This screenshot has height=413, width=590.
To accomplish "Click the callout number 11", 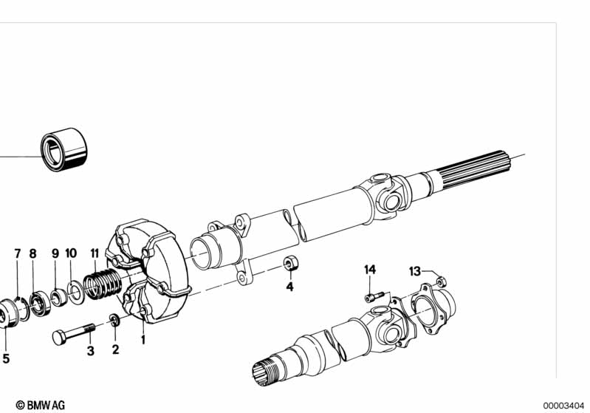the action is click(x=95, y=253).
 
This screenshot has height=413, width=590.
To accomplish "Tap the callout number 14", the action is click(x=369, y=270).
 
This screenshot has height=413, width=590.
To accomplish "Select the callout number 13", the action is click(x=415, y=271).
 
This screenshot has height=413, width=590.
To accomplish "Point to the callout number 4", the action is click(x=289, y=287).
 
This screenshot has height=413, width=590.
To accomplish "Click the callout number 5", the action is click(x=6, y=358).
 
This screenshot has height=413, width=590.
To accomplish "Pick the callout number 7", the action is click(x=18, y=253).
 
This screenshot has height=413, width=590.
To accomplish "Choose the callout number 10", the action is click(x=71, y=253).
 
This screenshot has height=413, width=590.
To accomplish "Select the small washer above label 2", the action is click(x=114, y=321).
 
